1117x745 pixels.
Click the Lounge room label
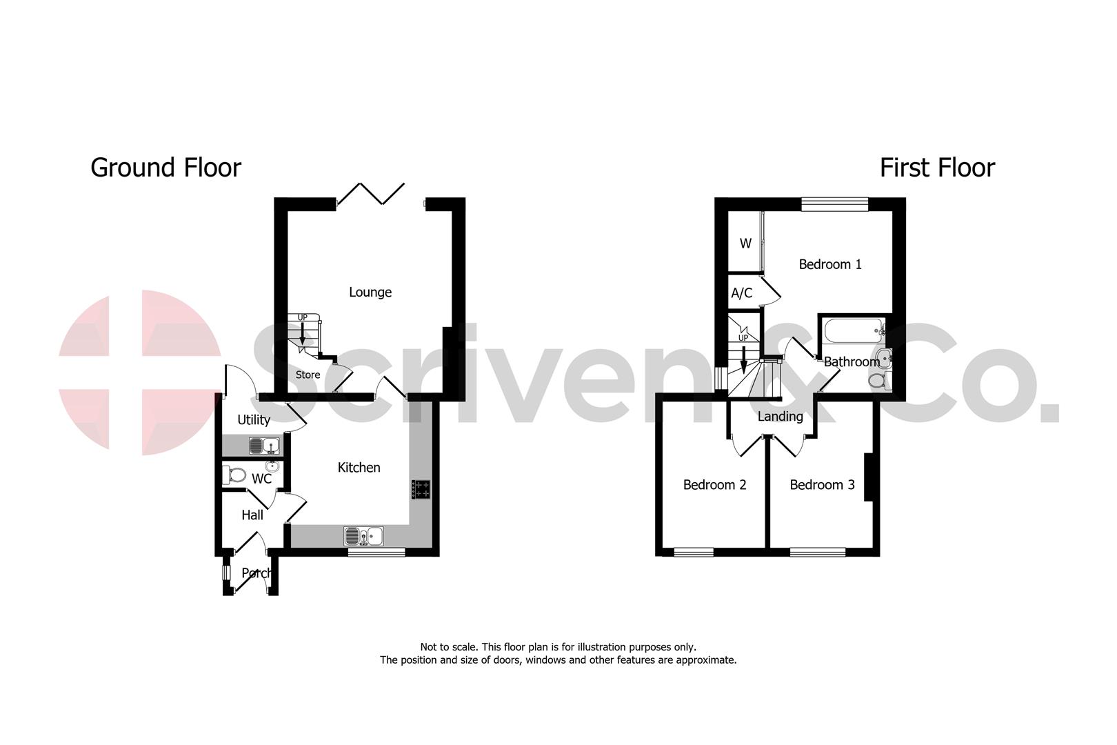370,292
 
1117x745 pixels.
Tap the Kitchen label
359,468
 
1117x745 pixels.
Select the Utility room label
253,420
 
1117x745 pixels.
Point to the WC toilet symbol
235,475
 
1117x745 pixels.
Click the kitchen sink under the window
364,535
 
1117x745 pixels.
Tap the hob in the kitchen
421,489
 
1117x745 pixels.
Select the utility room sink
265,445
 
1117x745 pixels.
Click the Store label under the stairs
308,375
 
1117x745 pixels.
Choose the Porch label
256,573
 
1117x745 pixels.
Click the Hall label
252,515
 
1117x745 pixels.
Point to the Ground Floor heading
165,168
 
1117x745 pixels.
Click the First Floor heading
937,168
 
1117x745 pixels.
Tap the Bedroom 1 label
829,264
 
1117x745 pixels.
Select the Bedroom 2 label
714,485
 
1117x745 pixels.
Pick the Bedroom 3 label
822,485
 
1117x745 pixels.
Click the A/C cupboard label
741,294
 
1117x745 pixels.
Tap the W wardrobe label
745,244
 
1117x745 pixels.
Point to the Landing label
780,417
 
